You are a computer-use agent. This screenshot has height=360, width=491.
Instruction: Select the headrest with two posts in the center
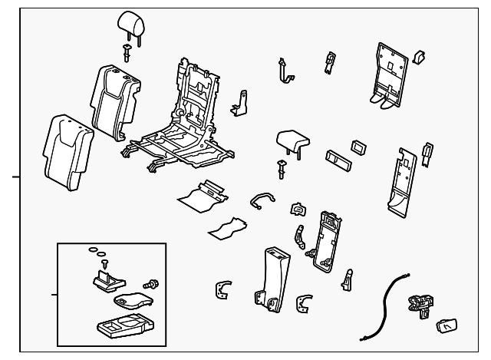click(x=292, y=141)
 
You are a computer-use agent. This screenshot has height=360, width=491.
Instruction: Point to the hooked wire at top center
click(x=285, y=71)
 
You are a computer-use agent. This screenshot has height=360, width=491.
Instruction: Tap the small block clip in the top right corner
click(x=420, y=56)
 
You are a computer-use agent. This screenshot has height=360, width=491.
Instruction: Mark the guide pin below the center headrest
click(x=282, y=170)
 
